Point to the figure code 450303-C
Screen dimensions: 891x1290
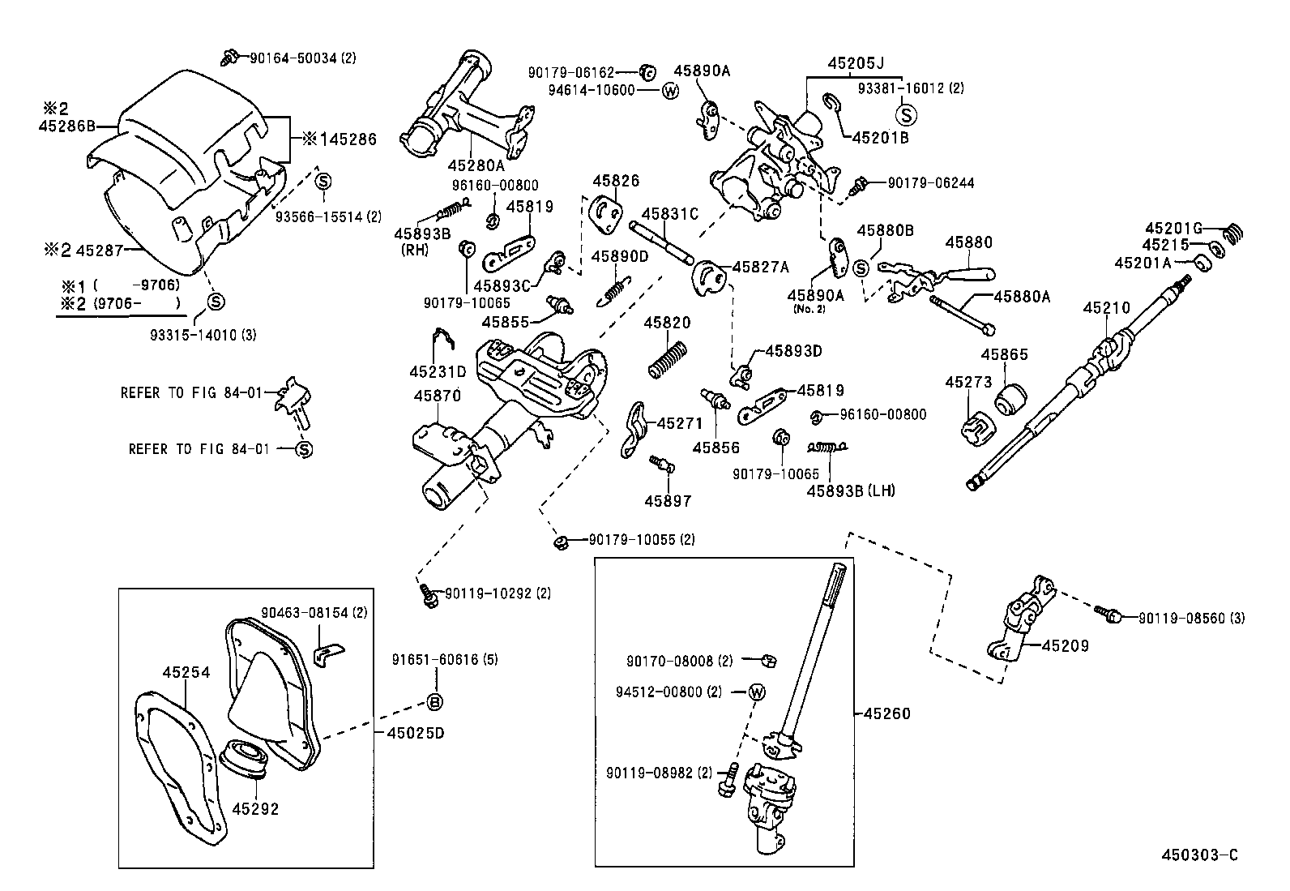pyautogui.click(x=1198, y=855)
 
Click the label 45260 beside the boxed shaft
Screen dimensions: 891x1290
pyautogui.click(x=886, y=713)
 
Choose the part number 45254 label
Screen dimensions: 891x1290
pyautogui.click(x=186, y=672)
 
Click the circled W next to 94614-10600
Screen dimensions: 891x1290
pyautogui.click(x=669, y=91)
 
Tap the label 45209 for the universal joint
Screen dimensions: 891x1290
pyautogui.click(x=1065, y=646)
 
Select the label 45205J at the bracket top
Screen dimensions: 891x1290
pyautogui.click(x=856, y=62)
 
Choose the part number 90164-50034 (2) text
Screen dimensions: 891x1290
pyautogui.click(x=301, y=58)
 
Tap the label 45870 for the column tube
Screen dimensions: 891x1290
pyautogui.click(x=437, y=396)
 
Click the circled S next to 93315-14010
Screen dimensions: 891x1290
pyautogui.click(x=216, y=302)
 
